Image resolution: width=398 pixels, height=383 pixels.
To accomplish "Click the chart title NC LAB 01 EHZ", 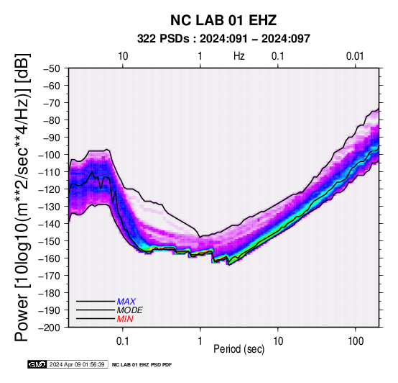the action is [223, 20].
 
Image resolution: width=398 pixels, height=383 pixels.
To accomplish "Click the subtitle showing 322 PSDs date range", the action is [223, 39].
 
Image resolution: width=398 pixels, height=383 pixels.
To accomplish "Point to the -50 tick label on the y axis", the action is [52, 68].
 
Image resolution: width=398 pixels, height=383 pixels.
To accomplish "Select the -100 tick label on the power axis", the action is [49, 155].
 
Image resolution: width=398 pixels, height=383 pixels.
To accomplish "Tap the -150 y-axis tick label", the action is [49, 241].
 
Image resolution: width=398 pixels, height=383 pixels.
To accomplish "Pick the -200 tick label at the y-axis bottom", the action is [49, 328].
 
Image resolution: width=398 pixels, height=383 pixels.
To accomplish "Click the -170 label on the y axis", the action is [49, 276].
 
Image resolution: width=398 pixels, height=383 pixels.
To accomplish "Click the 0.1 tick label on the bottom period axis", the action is [123, 341].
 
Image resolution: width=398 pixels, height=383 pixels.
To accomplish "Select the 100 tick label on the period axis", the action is [356, 341].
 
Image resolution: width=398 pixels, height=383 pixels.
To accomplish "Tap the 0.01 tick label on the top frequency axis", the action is [355, 56].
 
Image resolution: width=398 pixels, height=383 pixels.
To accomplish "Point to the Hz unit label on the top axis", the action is [239, 56].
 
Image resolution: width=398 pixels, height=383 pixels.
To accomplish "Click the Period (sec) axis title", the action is [239, 349].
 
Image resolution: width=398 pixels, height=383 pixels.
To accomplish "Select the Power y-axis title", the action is [22, 197].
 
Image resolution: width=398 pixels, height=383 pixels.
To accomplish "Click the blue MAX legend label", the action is [126, 302].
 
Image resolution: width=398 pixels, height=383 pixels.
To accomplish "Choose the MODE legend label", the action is [130, 310].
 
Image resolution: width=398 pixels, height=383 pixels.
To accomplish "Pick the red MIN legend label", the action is [125, 319].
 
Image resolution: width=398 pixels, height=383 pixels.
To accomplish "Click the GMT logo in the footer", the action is [37, 364].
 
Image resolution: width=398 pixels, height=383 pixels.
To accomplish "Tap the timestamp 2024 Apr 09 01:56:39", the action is [77, 364].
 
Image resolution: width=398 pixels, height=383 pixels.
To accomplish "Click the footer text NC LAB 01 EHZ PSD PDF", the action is [142, 365].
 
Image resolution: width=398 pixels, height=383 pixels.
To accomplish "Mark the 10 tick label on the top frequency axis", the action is [123, 56].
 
